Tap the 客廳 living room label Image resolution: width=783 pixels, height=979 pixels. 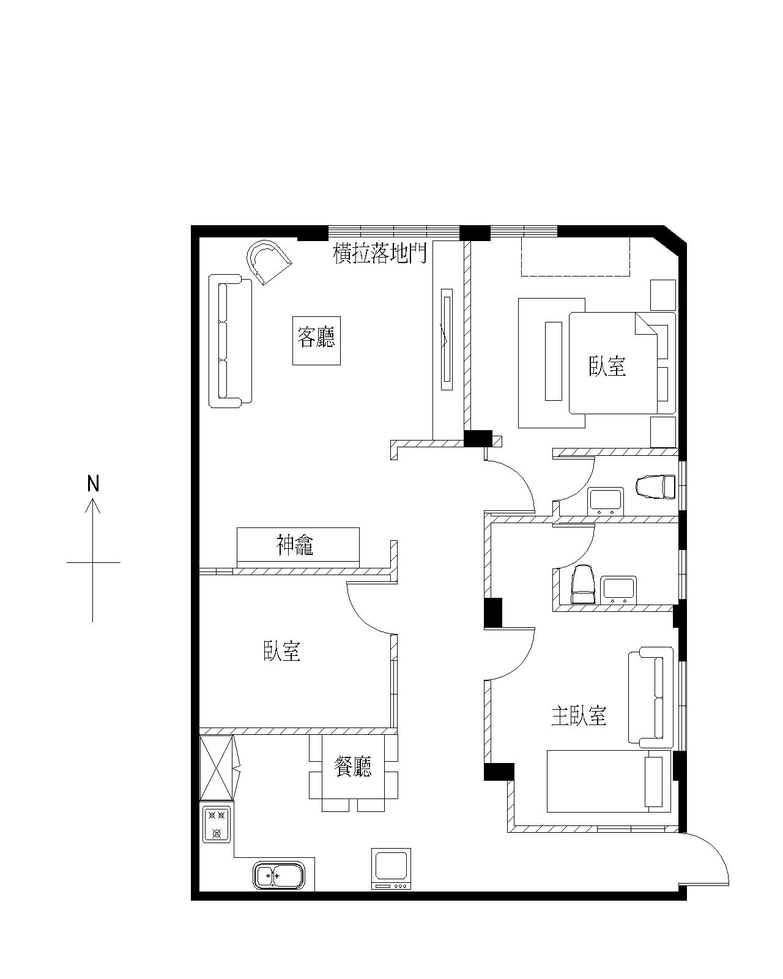(316, 337)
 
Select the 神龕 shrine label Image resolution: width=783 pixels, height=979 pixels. (295, 545)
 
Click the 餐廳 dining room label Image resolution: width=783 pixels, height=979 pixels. (353, 767)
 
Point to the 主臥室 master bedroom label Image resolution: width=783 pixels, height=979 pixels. (579, 716)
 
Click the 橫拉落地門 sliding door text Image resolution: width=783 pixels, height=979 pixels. (380, 253)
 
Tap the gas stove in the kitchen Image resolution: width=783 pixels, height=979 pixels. (217, 824)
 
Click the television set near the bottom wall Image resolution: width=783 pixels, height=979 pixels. (391, 868)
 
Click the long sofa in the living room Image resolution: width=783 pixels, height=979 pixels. (230, 341)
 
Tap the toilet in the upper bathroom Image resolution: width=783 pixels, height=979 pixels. (656, 487)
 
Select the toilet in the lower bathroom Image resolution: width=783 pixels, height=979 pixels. (584, 584)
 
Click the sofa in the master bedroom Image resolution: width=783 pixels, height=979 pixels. (651, 698)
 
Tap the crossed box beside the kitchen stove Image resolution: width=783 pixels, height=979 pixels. (217, 769)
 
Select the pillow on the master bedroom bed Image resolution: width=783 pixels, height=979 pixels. (653, 782)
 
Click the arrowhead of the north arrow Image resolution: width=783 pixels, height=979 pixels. (93, 504)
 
